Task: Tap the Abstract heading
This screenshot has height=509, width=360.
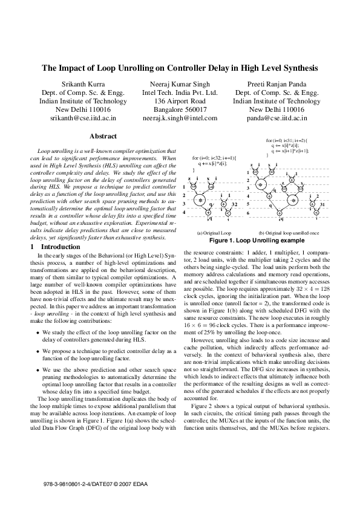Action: (103, 137)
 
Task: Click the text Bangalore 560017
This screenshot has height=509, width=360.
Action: (180, 110)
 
